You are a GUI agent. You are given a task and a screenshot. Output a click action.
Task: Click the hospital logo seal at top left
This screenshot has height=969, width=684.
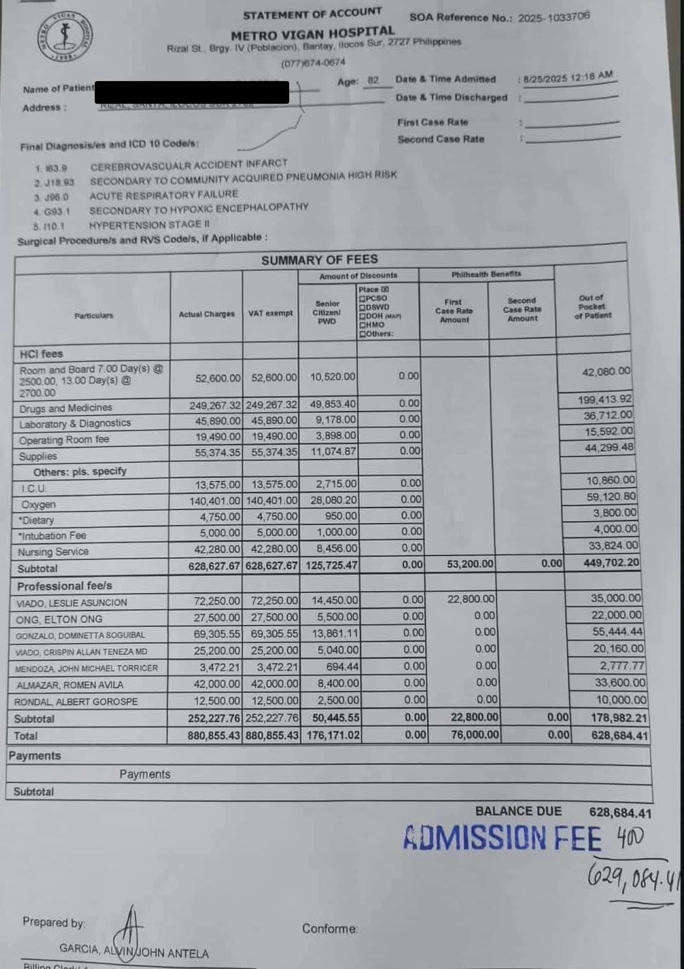coord(64,38)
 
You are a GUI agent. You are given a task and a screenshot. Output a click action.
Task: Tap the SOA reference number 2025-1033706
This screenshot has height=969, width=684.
coord(554,17)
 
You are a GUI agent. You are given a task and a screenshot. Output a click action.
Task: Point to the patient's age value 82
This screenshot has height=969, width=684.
coord(373,81)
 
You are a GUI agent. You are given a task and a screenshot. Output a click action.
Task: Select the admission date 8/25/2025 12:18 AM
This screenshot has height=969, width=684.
coord(568,77)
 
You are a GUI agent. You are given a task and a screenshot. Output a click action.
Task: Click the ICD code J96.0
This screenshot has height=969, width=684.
coord(56,196)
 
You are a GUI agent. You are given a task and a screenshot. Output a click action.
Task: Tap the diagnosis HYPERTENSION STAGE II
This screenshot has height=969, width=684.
coord(149,225)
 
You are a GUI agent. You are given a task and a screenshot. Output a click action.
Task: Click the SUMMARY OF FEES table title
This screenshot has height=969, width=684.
coord(319,260)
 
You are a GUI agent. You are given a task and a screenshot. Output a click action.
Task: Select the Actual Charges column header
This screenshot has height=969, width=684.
coord(206,314)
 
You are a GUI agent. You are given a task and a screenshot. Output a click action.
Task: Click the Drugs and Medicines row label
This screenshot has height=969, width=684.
coord(65,408)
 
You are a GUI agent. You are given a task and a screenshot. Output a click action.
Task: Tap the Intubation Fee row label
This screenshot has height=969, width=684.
coord(53,536)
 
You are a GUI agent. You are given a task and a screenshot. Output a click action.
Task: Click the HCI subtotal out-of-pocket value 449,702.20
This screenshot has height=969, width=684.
coord(611,563)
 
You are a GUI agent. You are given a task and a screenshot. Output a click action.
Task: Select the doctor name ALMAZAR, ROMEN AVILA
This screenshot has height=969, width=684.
coord(69,684)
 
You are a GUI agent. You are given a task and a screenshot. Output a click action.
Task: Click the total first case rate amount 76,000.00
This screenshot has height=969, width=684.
coord(473,735)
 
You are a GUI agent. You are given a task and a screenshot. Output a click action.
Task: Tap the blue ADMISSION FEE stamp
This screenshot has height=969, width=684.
coord(502,838)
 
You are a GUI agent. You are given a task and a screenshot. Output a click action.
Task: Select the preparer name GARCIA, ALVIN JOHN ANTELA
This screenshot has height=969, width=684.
coord(134,952)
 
